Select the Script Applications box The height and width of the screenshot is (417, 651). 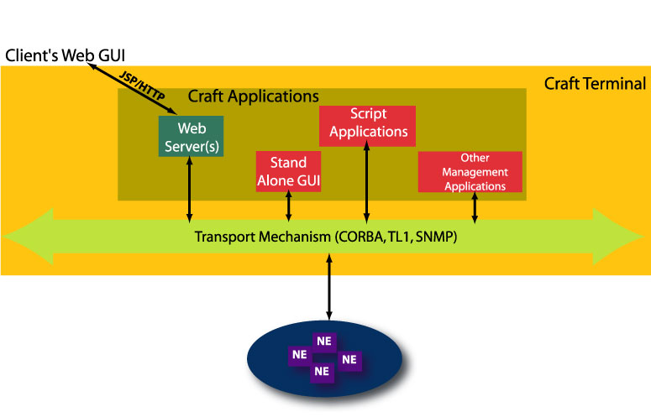[367, 124]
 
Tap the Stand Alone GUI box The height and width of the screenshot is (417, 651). [288, 171]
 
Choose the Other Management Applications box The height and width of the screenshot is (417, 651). [470, 172]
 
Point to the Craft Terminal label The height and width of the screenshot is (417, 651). [595, 84]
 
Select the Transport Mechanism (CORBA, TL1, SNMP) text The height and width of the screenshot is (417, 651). [326, 237]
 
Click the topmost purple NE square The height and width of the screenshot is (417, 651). [324, 341]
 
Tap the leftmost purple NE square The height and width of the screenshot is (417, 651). [299, 355]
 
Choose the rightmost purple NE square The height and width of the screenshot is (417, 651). [349, 360]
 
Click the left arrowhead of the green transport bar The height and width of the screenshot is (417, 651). [25, 237]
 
